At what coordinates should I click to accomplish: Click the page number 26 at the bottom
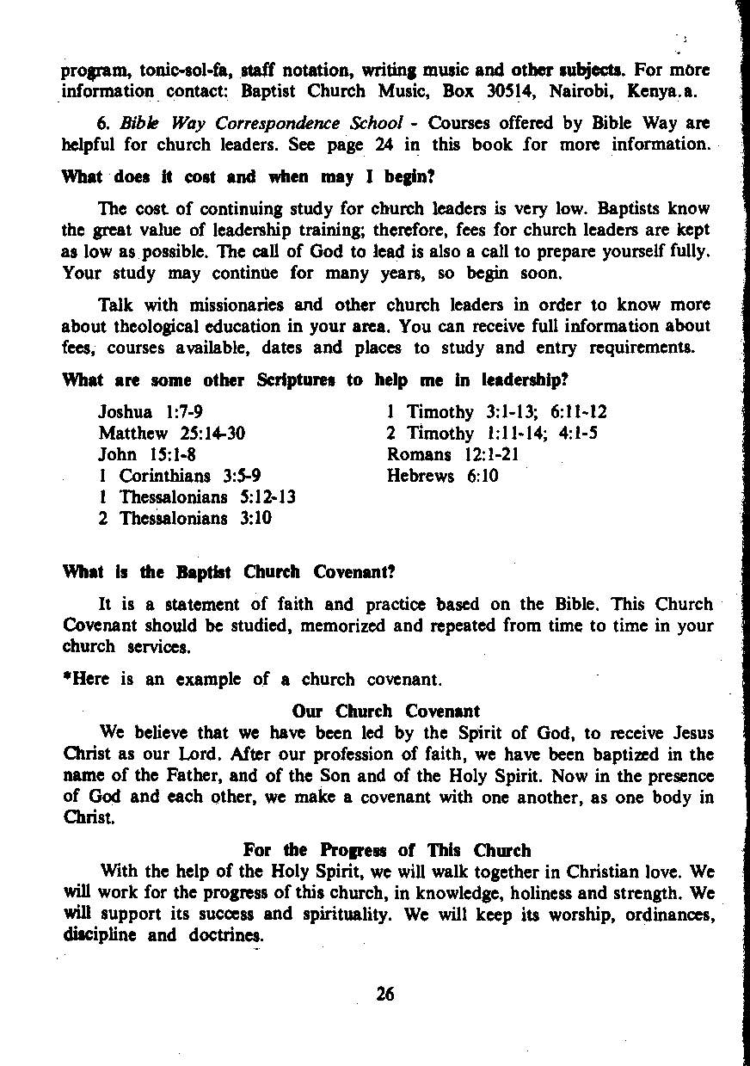pos(384,994)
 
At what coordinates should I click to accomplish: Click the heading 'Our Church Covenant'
pos(386,712)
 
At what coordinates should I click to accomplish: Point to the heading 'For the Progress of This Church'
pos(387,851)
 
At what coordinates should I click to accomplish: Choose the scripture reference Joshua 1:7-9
pos(151,412)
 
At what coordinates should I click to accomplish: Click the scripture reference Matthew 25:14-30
pos(172,434)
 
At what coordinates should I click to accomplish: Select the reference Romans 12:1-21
pos(453,454)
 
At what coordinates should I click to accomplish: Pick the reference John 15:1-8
pos(147,454)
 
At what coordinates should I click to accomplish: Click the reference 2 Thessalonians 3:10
pos(185,518)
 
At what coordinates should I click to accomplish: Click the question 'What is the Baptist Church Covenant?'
pos(229,572)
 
